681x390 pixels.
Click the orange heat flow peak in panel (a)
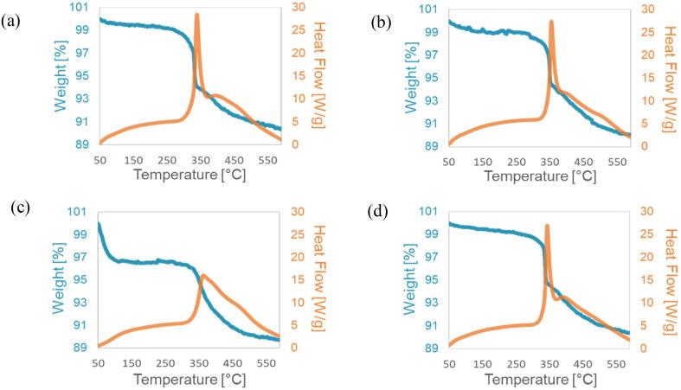(197, 15)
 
